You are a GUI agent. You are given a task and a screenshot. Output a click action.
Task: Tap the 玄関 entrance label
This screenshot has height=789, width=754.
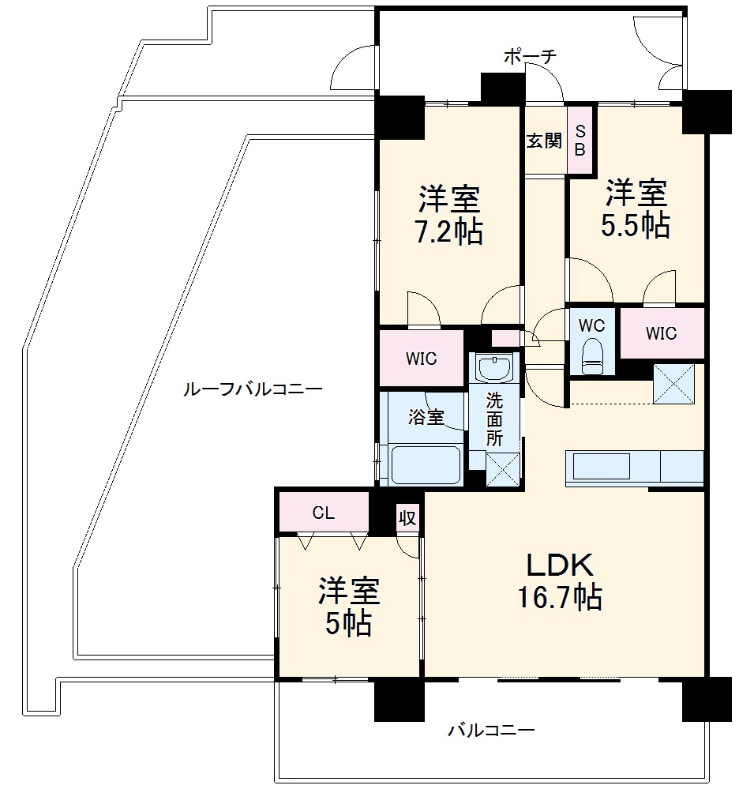(x=544, y=141)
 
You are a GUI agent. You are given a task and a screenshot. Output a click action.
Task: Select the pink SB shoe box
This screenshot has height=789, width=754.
(x=580, y=140)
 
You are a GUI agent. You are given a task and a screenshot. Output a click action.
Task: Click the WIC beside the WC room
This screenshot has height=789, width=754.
(x=661, y=333)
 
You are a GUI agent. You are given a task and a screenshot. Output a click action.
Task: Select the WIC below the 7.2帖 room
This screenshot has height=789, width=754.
(x=421, y=359)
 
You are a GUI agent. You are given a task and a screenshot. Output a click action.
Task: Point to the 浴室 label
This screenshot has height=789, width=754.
(x=425, y=417)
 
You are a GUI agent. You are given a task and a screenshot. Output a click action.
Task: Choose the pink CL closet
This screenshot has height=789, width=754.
(x=323, y=513)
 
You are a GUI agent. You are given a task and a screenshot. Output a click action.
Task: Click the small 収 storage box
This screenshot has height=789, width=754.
(x=407, y=517)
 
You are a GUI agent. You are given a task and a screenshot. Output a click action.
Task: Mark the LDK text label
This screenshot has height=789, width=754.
(x=560, y=565)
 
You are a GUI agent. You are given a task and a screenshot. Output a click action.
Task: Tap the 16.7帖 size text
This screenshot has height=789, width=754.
(x=560, y=597)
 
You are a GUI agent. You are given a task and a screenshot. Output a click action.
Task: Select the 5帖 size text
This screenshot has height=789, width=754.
(x=348, y=624)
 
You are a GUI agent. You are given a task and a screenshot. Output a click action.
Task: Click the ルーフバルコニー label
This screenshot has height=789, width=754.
(x=252, y=389)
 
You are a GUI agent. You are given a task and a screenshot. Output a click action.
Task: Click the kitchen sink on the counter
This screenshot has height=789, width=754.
(x=602, y=465)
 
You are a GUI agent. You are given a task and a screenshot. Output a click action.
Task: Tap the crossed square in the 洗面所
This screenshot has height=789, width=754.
(x=502, y=468)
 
